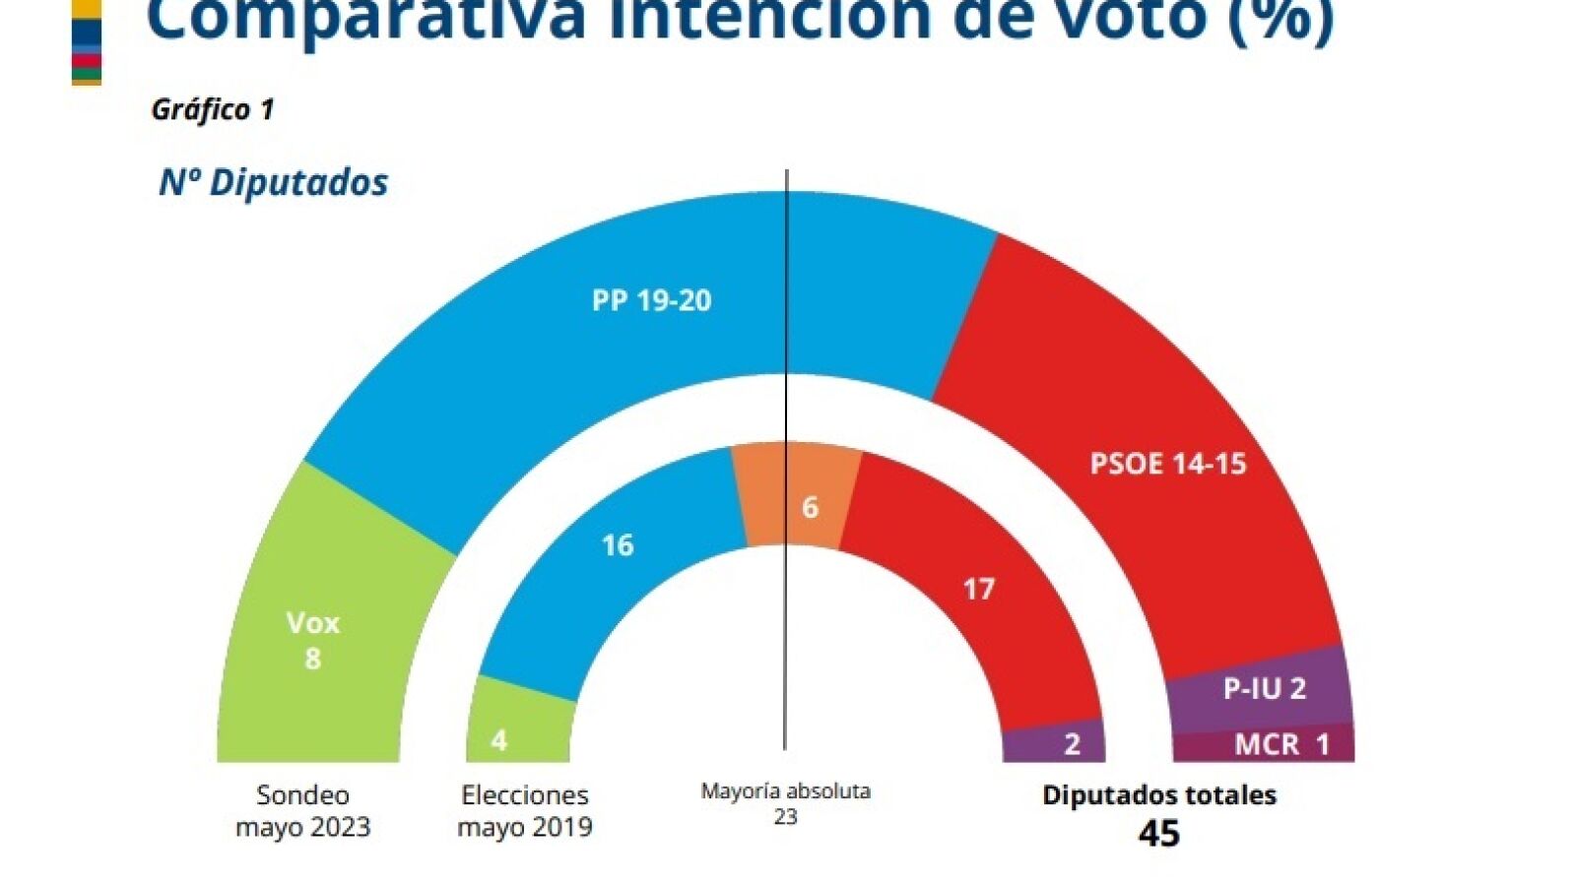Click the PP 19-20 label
[x=651, y=300]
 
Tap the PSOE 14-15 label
[x=1167, y=464]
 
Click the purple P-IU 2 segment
[x=1264, y=688]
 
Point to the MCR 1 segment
[x=1280, y=745]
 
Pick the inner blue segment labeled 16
[x=618, y=561]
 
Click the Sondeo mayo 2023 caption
[x=302, y=810]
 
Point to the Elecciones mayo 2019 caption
[x=525, y=810]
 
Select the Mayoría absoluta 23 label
[x=785, y=803]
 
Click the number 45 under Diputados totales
[x=1158, y=834]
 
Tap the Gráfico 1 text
[x=212, y=109]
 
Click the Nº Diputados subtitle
[x=273, y=182]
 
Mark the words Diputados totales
[x=1158, y=794]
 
